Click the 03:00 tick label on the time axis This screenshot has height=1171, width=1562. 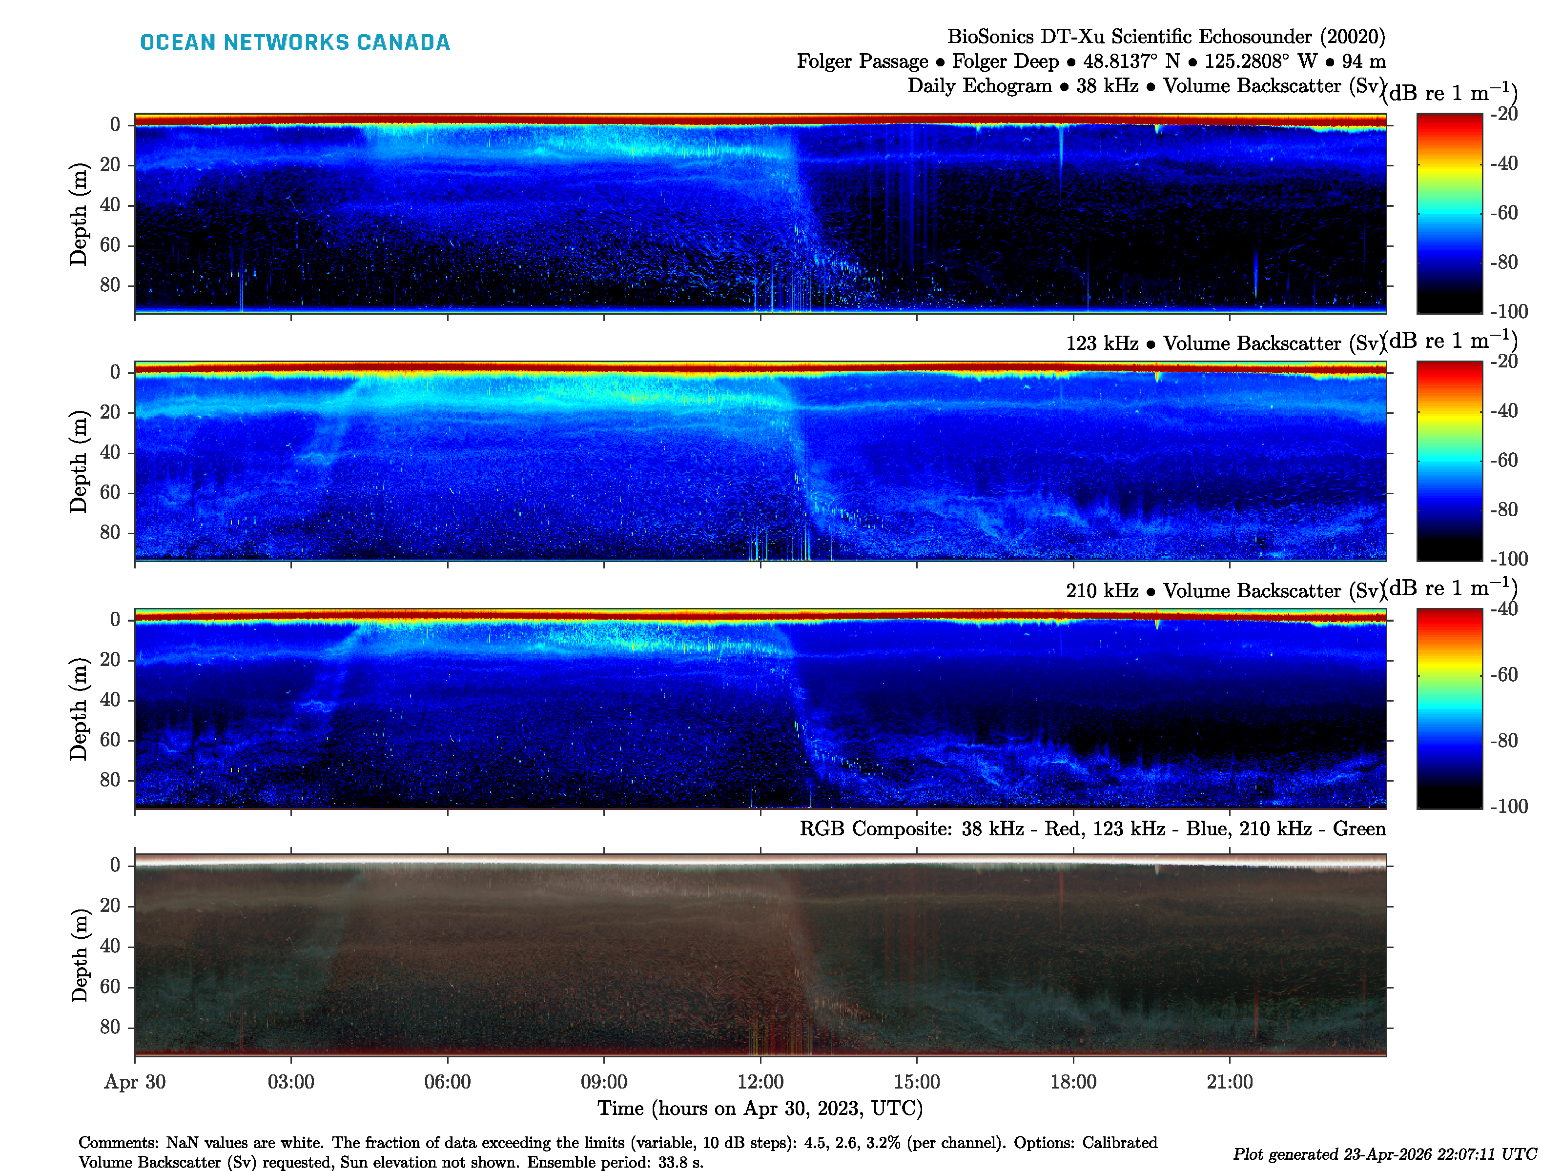(291, 1081)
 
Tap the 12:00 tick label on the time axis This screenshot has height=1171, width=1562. (760, 1081)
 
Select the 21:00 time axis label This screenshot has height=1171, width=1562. (1230, 1081)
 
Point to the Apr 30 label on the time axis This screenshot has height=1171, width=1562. (135, 1081)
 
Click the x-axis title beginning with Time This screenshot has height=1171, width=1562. (760, 1108)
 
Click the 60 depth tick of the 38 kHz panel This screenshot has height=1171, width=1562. (110, 245)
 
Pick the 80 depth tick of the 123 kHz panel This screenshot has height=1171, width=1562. (110, 532)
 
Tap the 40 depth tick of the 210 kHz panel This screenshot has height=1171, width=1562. (110, 700)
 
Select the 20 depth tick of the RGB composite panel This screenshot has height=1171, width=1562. (110, 905)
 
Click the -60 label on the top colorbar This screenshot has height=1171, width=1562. (1504, 212)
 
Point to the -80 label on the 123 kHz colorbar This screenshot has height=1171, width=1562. (1504, 509)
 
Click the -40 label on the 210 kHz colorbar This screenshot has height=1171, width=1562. (1504, 608)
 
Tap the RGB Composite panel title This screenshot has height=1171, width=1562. (1092, 828)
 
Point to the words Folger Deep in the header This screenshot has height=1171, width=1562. (1006, 61)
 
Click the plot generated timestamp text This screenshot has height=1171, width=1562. (1384, 1153)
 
